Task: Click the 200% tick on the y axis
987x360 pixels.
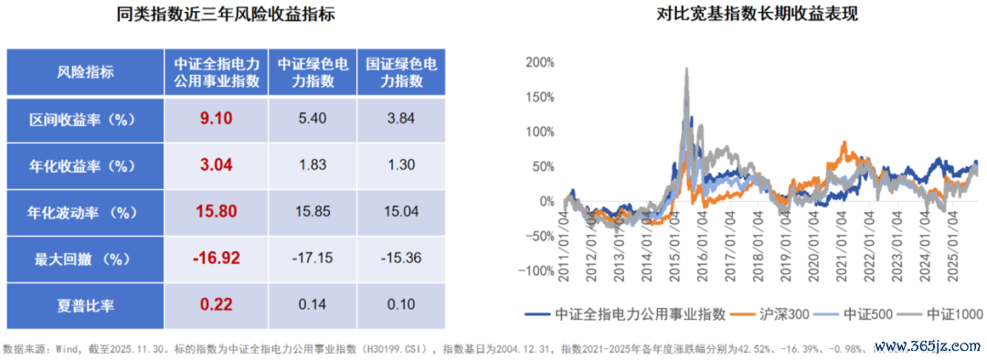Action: [539, 62]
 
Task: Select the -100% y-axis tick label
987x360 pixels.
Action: [536, 270]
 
